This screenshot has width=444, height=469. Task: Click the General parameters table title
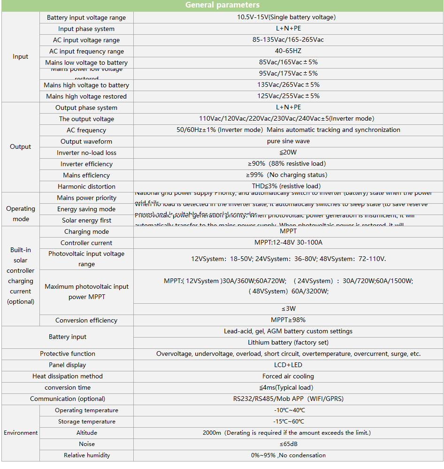pyautogui.click(x=222, y=5)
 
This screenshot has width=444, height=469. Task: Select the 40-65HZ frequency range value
pyautogui.click(x=288, y=51)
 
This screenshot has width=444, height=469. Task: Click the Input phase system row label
pyautogui.click(x=86, y=29)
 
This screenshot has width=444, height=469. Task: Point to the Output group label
pyautogui.click(x=21, y=146)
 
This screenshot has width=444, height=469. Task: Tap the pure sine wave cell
pyautogui.click(x=288, y=141)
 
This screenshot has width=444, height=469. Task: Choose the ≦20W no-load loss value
pyautogui.click(x=288, y=152)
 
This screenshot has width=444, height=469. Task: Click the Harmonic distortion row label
pyautogui.click(x=86, y=186)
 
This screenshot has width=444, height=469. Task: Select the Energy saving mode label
pyautogui.click(x=86, y=209)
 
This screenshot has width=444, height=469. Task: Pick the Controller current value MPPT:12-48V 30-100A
pyautogui.click(x=288, y=242)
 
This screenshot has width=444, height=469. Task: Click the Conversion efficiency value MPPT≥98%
pyautogui.click(x=288, y=320)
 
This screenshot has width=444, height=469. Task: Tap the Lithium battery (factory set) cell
pyautogui.click(x=288, y=342)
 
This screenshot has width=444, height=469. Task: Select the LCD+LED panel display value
pyautogui.click(x=288, y=365)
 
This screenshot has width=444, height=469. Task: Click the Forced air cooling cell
pyautogui.click(x=288, y=376)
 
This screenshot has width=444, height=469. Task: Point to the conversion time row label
pyautogui.click(x=68, y=387)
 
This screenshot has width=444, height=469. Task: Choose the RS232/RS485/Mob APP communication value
pyautogui.click(x=288, y=399)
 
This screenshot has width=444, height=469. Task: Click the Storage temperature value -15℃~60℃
pyautogui.click(x=288, y=421)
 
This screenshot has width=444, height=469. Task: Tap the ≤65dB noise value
pyautogui.click(x=288, y=444)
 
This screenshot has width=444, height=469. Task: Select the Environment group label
pyautogui.click(x=21, y=432)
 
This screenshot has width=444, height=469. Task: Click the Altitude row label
pyautogui.click(x=87, y=432)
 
